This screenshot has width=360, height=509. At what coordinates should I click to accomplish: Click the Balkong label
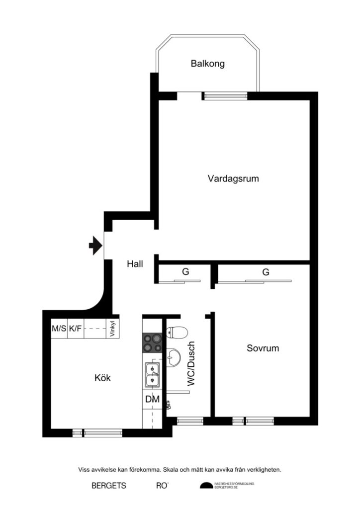tap(207, 64)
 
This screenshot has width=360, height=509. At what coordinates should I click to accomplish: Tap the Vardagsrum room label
tap(233, 178)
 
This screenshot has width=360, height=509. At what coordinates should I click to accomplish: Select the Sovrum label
tap(263, 348)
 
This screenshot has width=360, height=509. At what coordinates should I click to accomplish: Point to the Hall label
tap(135, 264)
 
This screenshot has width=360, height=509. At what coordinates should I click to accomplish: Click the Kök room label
tap(102, 378)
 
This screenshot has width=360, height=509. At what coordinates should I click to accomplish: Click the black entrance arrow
tap(95, 246)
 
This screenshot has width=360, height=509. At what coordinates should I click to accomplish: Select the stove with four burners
tap(152, 343)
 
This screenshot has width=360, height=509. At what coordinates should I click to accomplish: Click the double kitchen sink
tap(152, 375)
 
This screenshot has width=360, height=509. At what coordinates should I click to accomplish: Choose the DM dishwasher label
tap(152, 399)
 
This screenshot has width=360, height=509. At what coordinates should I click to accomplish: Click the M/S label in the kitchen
tap(59, 329)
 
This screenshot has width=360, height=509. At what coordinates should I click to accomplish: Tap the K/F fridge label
tap(76, 329)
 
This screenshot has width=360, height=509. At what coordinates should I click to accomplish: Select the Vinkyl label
tap(113, 330)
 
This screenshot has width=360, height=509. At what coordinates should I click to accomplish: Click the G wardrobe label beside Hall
tap(185, 272)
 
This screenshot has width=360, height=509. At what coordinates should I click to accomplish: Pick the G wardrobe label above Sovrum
tap(266, 272)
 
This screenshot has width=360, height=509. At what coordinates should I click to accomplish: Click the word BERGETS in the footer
tap(109, 486)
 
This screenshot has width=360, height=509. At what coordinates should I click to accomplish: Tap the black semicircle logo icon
tap(206, 486)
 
